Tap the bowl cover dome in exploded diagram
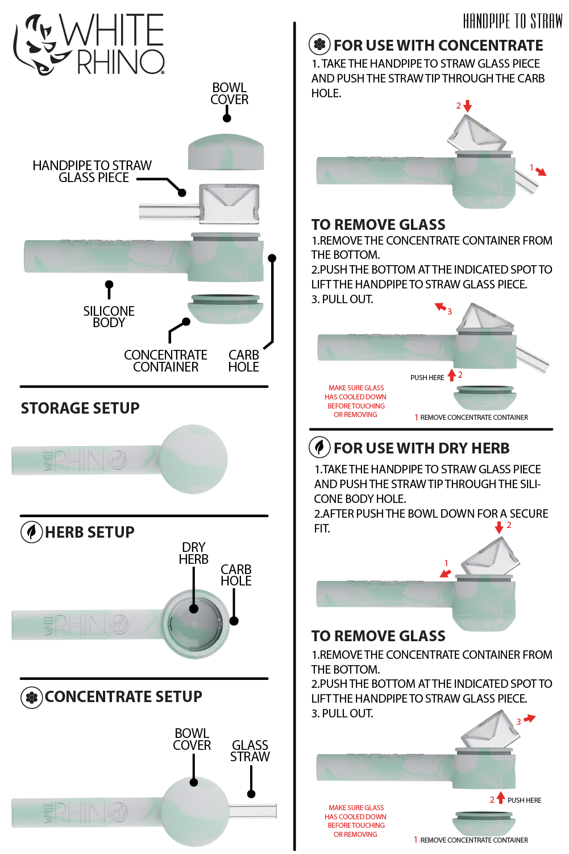226,152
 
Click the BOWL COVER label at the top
229,94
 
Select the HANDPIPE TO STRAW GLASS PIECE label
92,171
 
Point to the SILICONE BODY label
109,317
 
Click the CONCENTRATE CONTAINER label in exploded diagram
165,361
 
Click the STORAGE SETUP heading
80,408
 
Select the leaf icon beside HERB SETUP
32,532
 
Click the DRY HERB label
193,553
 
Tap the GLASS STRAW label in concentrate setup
250,751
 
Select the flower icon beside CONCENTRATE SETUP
32,697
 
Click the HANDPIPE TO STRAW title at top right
512,22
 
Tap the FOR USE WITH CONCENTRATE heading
438,46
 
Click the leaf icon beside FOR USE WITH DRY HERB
319,448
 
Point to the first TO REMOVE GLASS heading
378,225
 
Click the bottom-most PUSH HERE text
524,801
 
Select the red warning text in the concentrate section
356,401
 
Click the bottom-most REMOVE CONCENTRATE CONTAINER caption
474,840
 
